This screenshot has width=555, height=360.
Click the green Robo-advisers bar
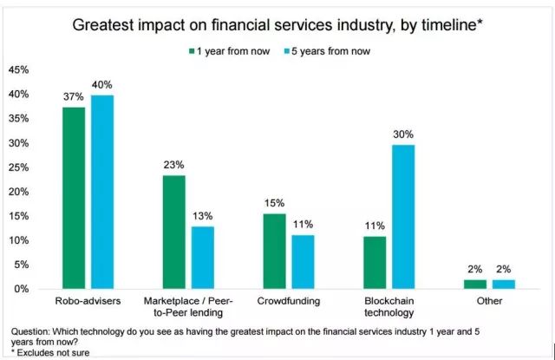pyautogui.click(x=74, y=198)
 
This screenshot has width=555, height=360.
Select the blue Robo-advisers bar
pyautogui.click(x=102, y=192)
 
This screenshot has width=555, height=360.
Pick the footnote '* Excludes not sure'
pyautogui.click(x=51, y=352)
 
